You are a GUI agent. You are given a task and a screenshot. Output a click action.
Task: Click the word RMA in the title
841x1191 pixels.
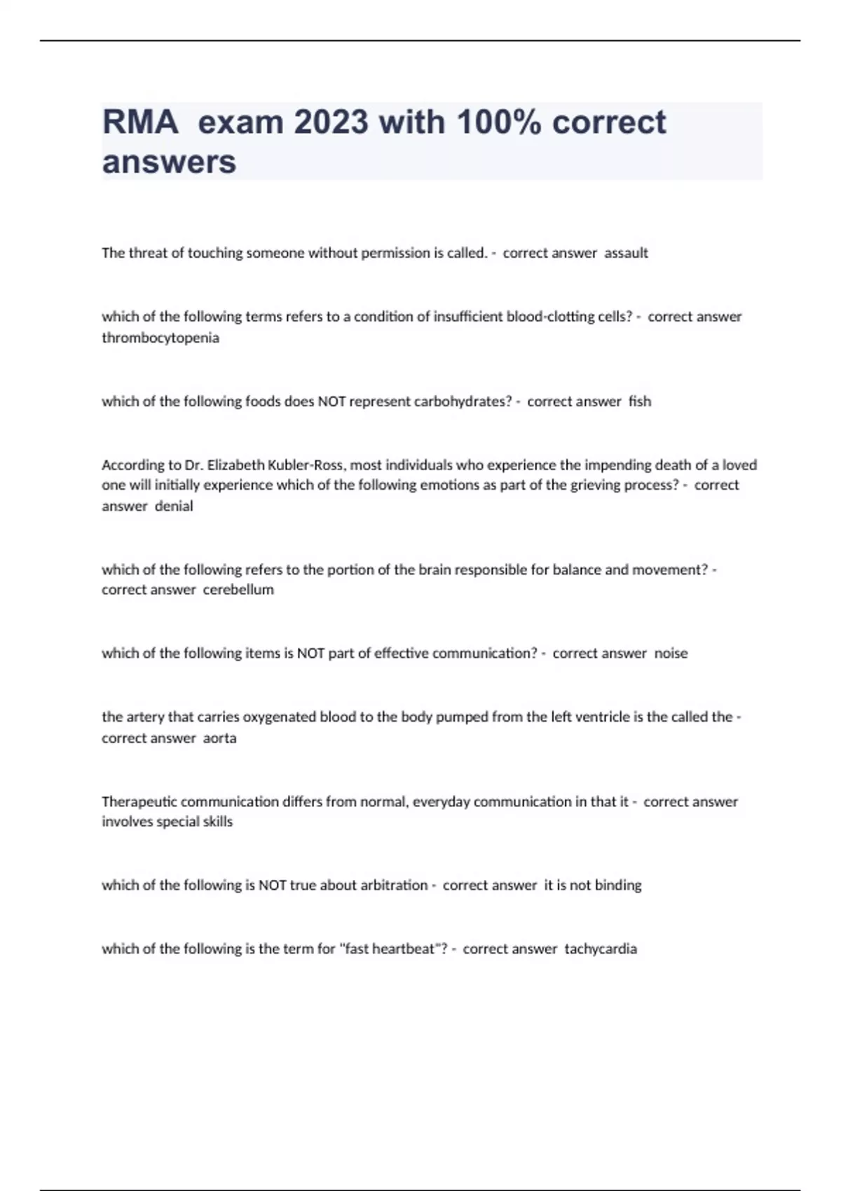140,123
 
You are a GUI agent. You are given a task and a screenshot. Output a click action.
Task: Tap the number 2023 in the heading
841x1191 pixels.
331,123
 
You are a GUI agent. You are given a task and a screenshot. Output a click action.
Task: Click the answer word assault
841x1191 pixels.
626,253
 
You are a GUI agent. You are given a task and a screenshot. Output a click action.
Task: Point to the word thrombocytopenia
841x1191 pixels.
160,338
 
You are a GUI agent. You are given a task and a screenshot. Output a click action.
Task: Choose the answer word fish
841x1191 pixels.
640,401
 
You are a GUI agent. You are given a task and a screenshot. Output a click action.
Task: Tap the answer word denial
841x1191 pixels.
174,506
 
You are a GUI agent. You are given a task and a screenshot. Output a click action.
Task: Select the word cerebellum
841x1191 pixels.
238,590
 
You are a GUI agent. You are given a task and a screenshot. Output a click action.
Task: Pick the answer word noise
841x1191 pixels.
671,654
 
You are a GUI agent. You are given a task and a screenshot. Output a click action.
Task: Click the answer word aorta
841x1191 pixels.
219,738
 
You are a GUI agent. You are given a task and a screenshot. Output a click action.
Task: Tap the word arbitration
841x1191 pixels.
393,886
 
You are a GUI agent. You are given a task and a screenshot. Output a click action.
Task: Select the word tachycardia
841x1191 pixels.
601,949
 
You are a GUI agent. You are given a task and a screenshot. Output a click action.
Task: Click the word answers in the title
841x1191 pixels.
170,163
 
